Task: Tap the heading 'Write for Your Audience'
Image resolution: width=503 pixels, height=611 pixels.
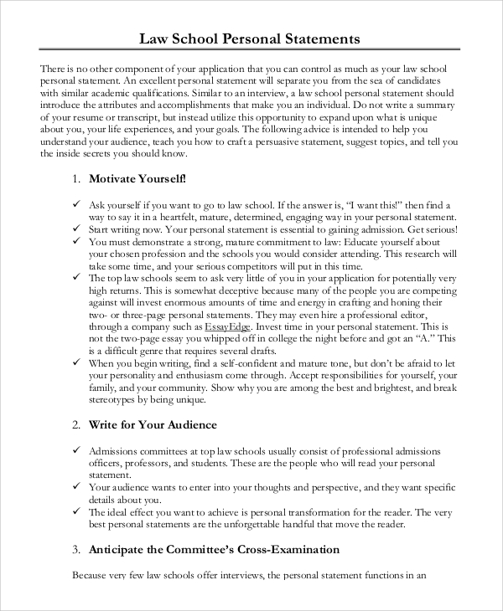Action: click(153, 425)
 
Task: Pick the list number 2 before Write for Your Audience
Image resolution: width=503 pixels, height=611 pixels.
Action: click(75, 425)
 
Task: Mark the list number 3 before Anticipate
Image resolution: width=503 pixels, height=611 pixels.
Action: click(75, 550)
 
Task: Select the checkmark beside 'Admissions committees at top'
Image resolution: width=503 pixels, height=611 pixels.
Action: click(75, 450)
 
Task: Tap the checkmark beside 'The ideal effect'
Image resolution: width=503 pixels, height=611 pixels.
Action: click(75, 512)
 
